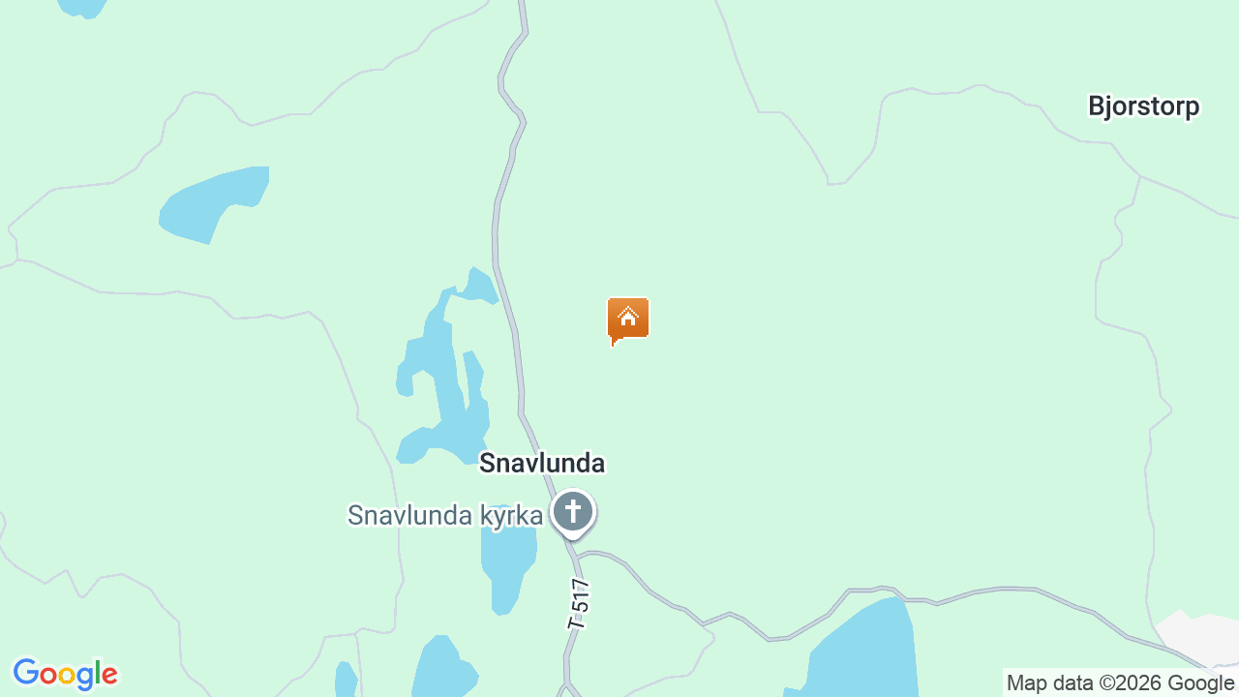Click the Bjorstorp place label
pyautogui.click(x=1143, y=106)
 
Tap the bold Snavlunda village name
pyautogui.click(x=542, y=464)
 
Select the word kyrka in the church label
pyautogui.click(x=510, y=516)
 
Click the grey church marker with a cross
pyautogui.click(x=573, y=512)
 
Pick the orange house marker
pyautogui.click(x=628, y=318)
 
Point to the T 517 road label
pyautogui.click(x=579, y=604)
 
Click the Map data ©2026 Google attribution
pyautogui.click(x=1120, y=683)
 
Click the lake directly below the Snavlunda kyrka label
pyautogui.click(x=506, y=566)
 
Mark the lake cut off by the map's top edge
pyautogui.click(x=82, y=7)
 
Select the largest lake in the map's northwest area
pyautogui.click(x=213, y=201)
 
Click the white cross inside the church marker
pyautogui.click(x=573, y=509)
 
